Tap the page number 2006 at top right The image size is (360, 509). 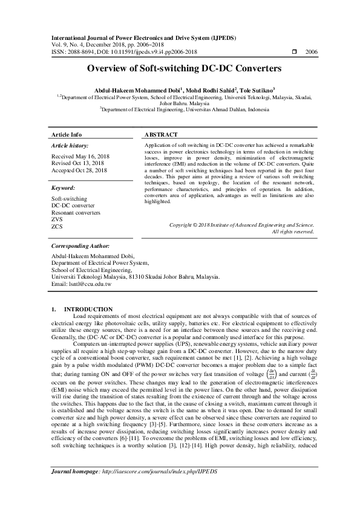[312, 53]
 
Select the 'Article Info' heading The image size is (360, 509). [67, 134]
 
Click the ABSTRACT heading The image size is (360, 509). [162, 134]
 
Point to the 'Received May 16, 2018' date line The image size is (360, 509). [80, 156]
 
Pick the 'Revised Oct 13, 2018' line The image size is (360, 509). [77, 163]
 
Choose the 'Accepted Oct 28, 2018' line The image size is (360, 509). [79, 170]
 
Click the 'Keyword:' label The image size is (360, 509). [63, 188]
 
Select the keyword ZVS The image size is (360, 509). [57, 220]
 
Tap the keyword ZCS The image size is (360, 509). [57, 227]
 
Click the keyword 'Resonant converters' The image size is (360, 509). [76, 213]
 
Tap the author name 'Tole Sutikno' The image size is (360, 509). [261, 89]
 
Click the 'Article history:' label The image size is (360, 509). [70, 146]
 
